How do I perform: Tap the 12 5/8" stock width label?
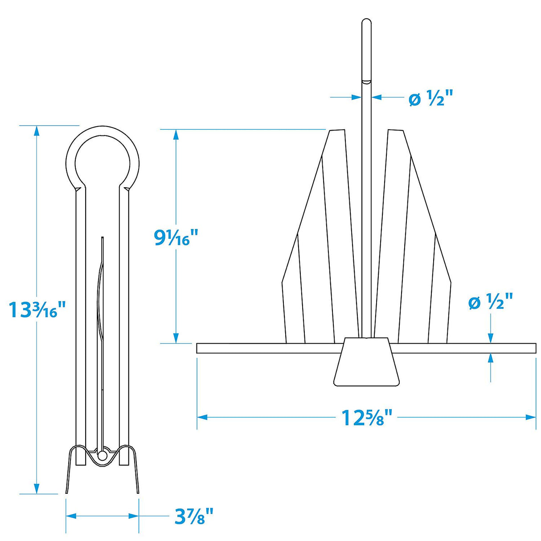tap(367, 418)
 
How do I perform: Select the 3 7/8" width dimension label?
tap(194, 517)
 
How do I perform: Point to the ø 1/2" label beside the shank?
tap(430, 98)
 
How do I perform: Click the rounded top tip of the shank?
tap(366, 22)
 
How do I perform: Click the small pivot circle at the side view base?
tap(102, 456)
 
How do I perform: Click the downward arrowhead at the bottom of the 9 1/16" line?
tap(176, 338)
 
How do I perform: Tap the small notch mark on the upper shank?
tap(366, 82)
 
